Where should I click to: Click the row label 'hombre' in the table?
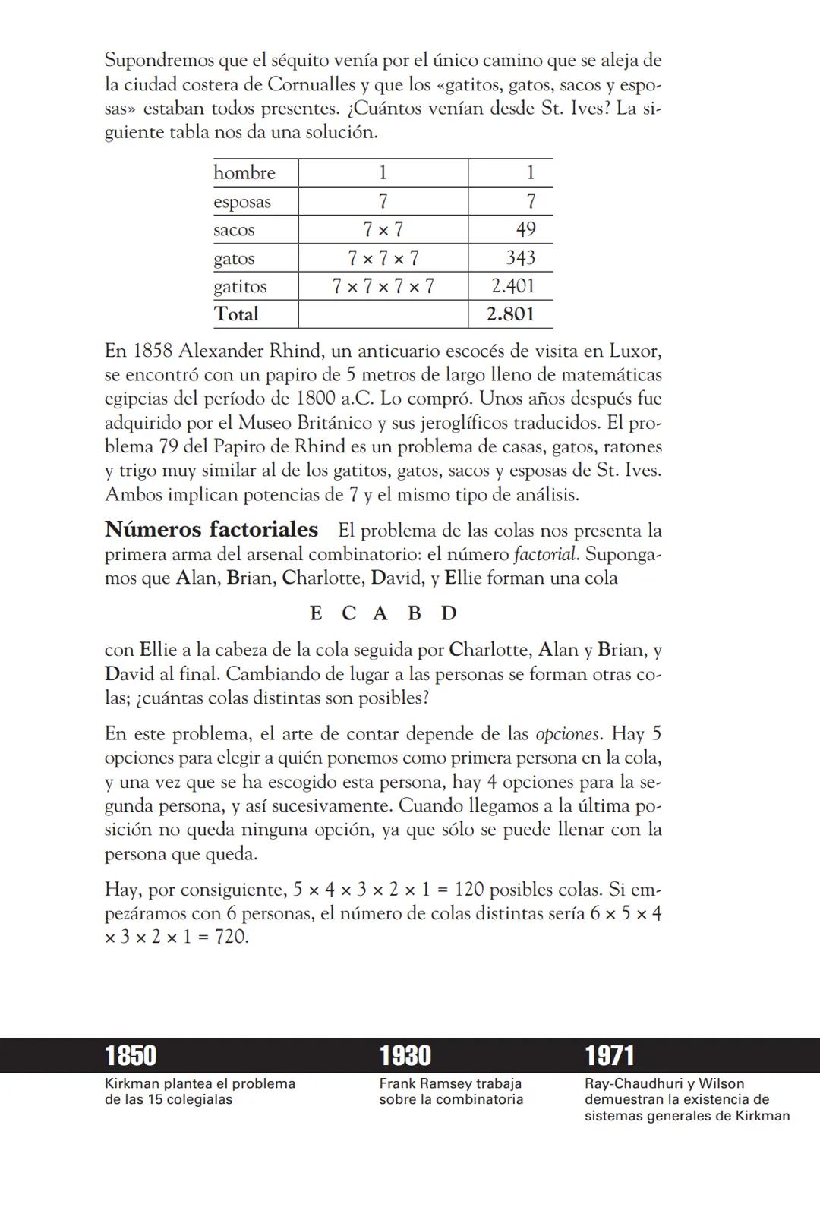point(244,173)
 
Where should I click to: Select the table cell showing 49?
point(525,229)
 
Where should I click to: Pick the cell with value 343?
point(521,258)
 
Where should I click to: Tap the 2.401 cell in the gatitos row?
point(512,286)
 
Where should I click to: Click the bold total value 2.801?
point(510,314)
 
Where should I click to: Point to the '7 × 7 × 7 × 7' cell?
point(383,286)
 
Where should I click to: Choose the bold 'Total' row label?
point(236,314)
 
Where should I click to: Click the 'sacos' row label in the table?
point(234,230)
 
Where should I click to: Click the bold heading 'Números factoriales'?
point(211,529)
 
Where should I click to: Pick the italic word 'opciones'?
point(568,734)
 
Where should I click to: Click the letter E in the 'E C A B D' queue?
point(316,613)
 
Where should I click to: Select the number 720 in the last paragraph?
point(231,937)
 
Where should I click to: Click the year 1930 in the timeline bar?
point(405,1055)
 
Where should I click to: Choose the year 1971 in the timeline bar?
point(609,1055)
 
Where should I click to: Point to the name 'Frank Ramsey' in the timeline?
point(426,1084)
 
